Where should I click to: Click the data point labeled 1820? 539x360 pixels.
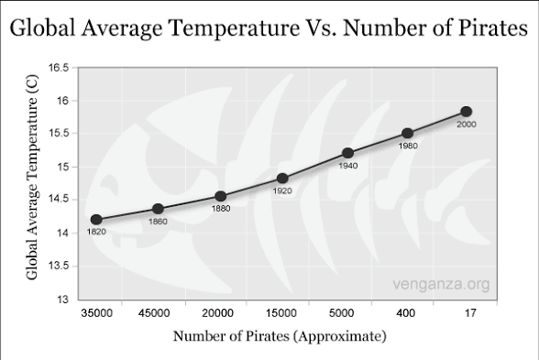(x=96, y=220)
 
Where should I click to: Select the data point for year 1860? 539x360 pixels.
(x=158, y=209)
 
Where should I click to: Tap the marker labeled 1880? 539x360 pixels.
(x=220, y=196)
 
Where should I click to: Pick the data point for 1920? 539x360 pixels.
(x=282, y=179)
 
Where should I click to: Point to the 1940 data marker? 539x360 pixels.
(x=348, y=153)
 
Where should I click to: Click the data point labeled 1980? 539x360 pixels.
(x=407, y=134)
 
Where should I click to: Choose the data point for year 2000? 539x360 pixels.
(x=466, y=112)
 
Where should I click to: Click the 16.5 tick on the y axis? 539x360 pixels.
(x=59, y=68)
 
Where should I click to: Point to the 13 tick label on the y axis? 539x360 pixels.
(x=62, y=300)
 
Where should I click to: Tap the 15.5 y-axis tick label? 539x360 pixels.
(x=59, y=134)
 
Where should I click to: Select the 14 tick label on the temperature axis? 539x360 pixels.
(x=62, y=233)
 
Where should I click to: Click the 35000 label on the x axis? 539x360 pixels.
(x=96, y=313)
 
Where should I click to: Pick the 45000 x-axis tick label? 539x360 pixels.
(x=154, y=313)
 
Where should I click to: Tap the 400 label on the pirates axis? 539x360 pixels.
(x=405, y=313)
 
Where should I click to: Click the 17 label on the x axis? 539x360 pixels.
(x=470, y=313)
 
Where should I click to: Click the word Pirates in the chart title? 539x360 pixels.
(x=492, y=27)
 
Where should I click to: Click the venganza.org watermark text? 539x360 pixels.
(x=441, y=284)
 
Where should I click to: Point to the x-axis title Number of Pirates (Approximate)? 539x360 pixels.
(x=280, y=336)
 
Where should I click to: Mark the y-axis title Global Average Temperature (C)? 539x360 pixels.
(x=32, y=178)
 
